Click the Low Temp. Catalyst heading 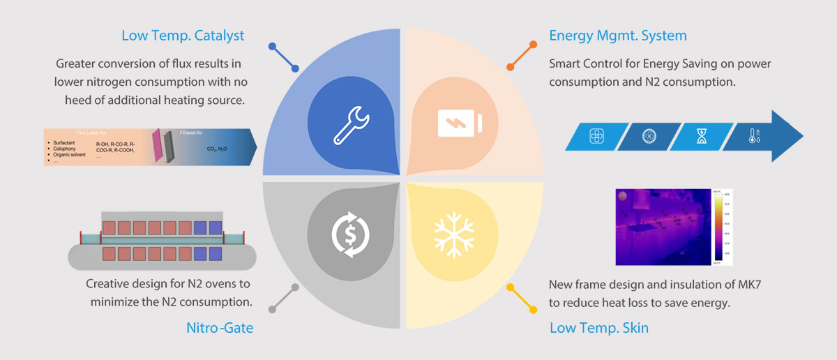pos(183,36)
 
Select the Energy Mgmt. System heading pos(618,36)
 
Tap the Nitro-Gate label pos(220,327)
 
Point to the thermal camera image pos(663,227)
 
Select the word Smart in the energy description pos(566,63)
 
